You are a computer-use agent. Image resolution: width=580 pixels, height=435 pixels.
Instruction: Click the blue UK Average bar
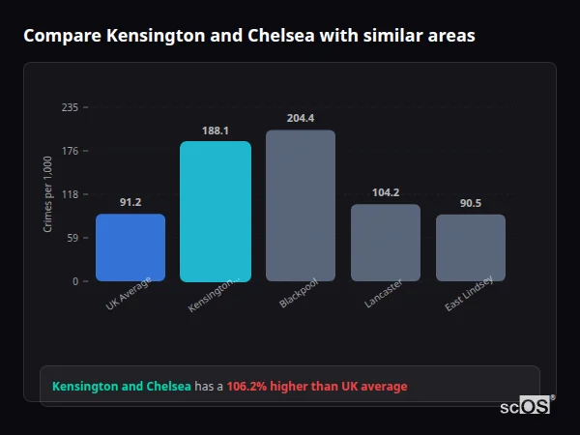(x=130, y=247)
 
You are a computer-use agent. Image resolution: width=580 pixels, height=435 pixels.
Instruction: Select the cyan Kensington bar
(x=216, y=212)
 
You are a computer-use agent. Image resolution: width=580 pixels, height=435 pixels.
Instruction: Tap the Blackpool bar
(x=301, y=206)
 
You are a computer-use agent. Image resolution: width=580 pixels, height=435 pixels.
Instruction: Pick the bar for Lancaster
(x=386, y=243)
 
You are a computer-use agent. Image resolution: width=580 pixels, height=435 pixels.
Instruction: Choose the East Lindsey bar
(x=471, y=247)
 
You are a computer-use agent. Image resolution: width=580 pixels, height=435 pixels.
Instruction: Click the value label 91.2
(x=130, y=202)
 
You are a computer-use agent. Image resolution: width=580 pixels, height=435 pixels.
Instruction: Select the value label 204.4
(x=301, y=118)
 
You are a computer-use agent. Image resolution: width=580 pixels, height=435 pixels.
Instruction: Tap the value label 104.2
(x=386, y=192)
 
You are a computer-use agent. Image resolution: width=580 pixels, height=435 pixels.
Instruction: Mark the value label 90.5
(x=471, y=203)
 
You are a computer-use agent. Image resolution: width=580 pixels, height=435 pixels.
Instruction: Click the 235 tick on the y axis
(x=70, y=107)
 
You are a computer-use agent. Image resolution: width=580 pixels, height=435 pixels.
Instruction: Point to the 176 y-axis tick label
(x=70, y=151)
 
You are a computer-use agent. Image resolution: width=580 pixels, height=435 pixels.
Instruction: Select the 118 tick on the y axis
(x=70, y=194)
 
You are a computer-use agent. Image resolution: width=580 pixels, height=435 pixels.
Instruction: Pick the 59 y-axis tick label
(x=72, y=238)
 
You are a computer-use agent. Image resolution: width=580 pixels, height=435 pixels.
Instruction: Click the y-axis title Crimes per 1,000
(x=47, y=194)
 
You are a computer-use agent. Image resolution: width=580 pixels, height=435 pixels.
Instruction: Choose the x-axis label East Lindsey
(x=469, y=295)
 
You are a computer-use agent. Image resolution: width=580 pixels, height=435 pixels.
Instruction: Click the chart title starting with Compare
(x=249, y=36)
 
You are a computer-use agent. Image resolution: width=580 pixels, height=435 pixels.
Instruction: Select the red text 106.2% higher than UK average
(x=317, y=387)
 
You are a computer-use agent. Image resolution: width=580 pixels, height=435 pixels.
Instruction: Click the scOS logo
(x=526, y=406)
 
